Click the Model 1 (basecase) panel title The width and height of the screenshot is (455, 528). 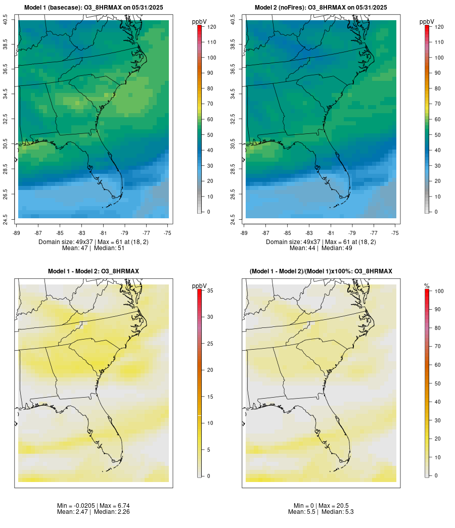(x=94, y=7)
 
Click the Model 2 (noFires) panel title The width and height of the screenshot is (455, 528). (x=321, y=7)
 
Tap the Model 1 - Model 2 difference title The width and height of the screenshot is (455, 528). (x=94, y=271)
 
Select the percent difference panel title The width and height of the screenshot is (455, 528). (x=321, y=271)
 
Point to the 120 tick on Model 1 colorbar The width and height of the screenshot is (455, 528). (x=211, y=27)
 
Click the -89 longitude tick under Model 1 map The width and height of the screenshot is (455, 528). (x=18, y=233)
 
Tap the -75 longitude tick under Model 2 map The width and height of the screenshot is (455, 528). (x=395, y=233)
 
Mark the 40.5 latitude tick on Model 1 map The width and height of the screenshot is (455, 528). (x=5, y=20)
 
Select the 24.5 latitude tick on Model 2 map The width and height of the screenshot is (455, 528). (x=233, y=218)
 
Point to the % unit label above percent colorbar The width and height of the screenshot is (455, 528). (x=427, y=286)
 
